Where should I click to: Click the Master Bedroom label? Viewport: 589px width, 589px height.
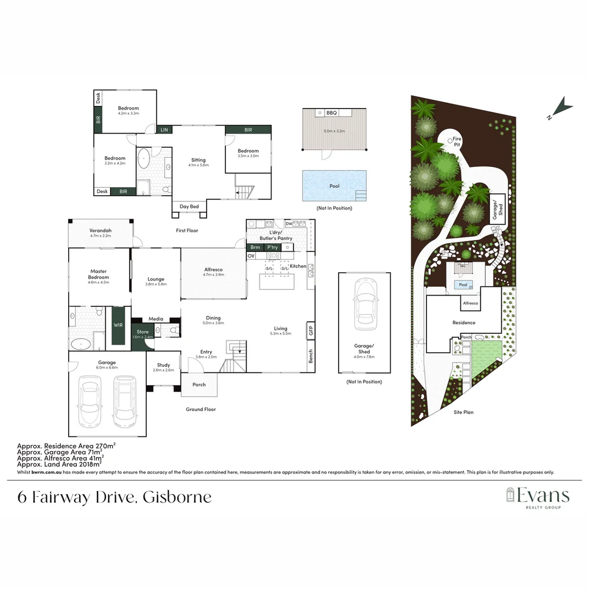(99, 274)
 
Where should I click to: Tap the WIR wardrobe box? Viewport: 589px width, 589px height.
(118, 325)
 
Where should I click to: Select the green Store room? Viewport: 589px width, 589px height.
(142, 334)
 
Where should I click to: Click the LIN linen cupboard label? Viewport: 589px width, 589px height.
(164, 130)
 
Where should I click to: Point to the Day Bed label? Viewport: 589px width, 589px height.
(189, 207)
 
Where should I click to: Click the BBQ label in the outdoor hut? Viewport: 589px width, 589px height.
(332, 113)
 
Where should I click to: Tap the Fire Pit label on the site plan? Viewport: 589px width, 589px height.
(457, 142)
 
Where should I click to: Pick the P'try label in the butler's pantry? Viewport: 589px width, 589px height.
(272, 248)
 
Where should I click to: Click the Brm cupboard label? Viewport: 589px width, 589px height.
(255, 248)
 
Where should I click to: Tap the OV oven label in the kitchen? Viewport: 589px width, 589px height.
(251, 256)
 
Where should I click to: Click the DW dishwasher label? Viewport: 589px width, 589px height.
(289, 224)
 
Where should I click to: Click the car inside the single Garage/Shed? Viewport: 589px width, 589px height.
(364, 305)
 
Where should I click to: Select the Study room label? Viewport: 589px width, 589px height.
(163, 365)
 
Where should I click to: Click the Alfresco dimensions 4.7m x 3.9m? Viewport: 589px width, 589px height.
(213, 275)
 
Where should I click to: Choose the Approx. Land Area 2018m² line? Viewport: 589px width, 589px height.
(60, 465)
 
